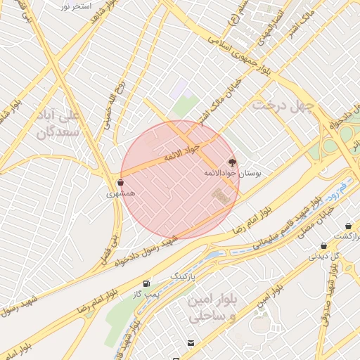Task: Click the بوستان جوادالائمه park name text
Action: coord(222,173)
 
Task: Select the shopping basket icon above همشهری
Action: coord(120,182)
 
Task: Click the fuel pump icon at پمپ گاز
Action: coord(146,284)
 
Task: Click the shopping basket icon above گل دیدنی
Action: coord(323,246)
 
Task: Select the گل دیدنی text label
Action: coord(323,257)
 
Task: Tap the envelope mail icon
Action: coord(191,342)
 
